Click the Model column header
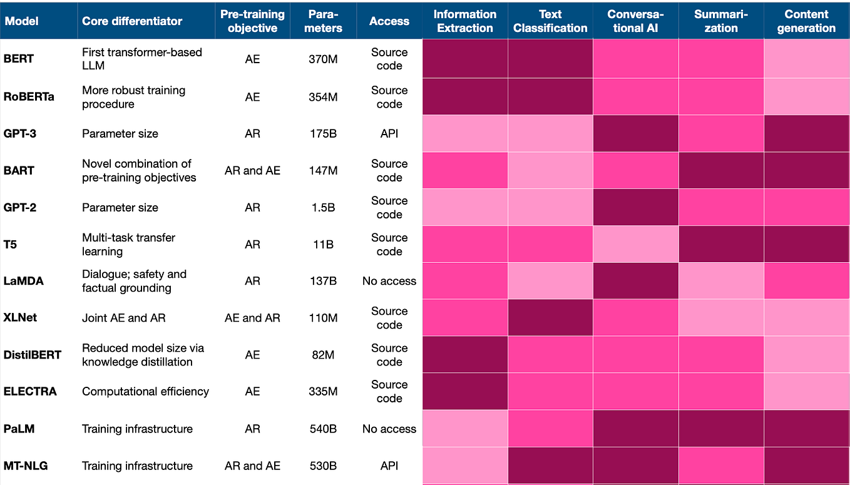[x=21, y=21]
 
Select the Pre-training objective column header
[x=252, y=21]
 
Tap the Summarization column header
[x=720, y=21]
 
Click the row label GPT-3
[x=20, y=133]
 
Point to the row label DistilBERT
[x=33, y=355]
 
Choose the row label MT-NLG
[x=26, y=466]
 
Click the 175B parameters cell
[x=323, y=133]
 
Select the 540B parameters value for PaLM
[x=323, y=429]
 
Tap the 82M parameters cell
[x=323, y=355]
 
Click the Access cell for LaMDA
[x=389, y=281]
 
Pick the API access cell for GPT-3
[x=389, y=133]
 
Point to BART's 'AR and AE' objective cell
[x=252, y=170]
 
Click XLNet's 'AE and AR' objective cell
[x=252, y=318]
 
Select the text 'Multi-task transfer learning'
[x=128, y=244]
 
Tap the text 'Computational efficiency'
[x=145, y=392]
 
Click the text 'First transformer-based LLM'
[x=141, y=59]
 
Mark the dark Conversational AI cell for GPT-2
[x=635, y=207]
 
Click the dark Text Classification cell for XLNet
[x=550, y=318]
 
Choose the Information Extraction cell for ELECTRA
[x=464, y=392]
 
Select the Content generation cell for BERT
[x=806, y=59]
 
